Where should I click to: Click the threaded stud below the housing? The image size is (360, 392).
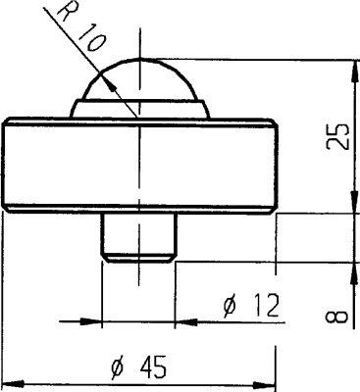(139, 235)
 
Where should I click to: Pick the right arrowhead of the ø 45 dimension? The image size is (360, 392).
(269, 381)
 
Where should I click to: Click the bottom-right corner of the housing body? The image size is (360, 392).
(274, 212)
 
